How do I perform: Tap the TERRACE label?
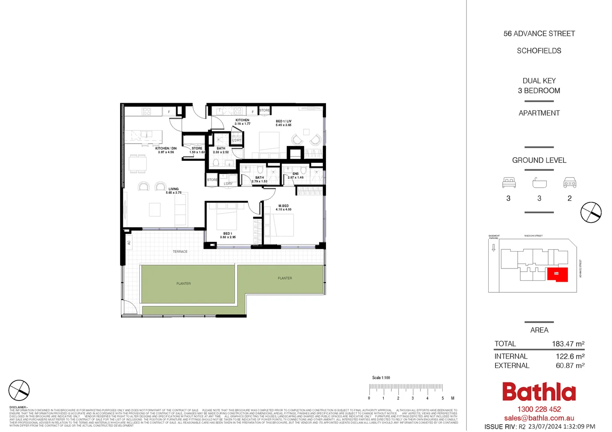tap(180, 252)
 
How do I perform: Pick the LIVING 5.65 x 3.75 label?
tap(174, 191)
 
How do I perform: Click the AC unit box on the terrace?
tap(129, 242)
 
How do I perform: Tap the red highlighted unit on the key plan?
tap(558, 274)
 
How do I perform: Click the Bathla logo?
tap(539, 392)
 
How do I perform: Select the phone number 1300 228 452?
tap(539, 409)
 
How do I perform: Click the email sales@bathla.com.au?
tap(539, 418)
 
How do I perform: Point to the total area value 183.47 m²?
tap(568, 344)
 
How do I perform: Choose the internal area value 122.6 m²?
tap(570, 356)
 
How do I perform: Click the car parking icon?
tap(570, 183)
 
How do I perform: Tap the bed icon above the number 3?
tap(509, 183)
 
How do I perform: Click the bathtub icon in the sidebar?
tap(539, 183)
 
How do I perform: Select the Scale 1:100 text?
tap(380, 378)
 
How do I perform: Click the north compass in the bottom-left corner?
tap(19, 390)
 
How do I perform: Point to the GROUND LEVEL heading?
tap(539, 160)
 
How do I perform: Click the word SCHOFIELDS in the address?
tap(539, 51)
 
